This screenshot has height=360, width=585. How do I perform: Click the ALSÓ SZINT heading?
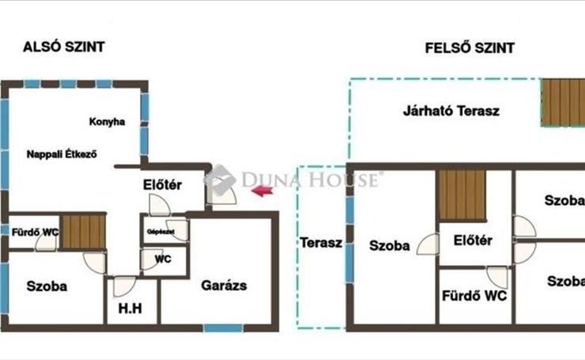click(64, 47)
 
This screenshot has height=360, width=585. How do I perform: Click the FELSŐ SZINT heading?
click(470, 48)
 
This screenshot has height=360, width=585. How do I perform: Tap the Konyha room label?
click(107, 122)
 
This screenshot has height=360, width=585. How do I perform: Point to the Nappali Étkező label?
click(62, 154)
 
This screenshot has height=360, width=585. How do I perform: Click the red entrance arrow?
click(262, 191)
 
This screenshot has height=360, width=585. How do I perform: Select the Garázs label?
click(224, 286)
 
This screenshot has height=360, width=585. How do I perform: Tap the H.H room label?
click(130, 309)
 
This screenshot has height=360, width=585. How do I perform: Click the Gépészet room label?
click(160, 232)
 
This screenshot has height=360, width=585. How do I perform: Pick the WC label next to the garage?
click(163, 260)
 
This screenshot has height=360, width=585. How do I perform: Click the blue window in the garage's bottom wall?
click(223, 328)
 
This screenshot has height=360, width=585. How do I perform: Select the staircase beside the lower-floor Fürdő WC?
click(83, 232)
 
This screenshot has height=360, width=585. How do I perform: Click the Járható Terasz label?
click(451, 112)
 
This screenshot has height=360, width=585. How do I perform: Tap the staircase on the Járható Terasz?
click(564, 102)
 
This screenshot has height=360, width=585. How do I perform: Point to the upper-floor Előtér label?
click(473, 241)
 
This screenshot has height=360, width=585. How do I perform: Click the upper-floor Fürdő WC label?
click(474, 296)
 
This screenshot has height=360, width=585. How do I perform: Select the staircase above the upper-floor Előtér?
click(462, 195)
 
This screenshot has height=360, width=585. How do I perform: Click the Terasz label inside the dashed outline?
click(321, 243)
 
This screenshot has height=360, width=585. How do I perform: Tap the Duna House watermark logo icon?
click(220, 180)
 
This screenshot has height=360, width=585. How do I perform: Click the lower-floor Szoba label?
click(47, 286)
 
